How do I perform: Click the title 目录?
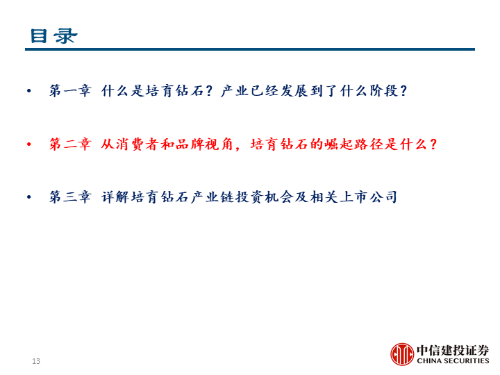pos(54,35)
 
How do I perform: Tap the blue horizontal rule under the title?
pos(250,49)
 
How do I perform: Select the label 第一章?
pos(70,91)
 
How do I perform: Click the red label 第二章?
pos(70,144)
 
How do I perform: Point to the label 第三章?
pos(70,197)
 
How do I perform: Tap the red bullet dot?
pos(29,144)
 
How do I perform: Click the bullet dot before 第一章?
pos(29,91)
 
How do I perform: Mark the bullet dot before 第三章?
pos(29,197)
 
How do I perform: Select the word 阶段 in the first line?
pos(384,91)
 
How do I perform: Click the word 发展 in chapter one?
pos(295,91)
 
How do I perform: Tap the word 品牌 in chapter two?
pos(190,144)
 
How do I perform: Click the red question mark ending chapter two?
pos(433,144)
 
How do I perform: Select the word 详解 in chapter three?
pos(116,197)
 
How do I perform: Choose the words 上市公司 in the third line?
pos(368,197)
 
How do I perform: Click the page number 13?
pos(36,361)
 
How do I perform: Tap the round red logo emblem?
pos(402,354)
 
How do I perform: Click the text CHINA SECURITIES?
pos(453,361)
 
